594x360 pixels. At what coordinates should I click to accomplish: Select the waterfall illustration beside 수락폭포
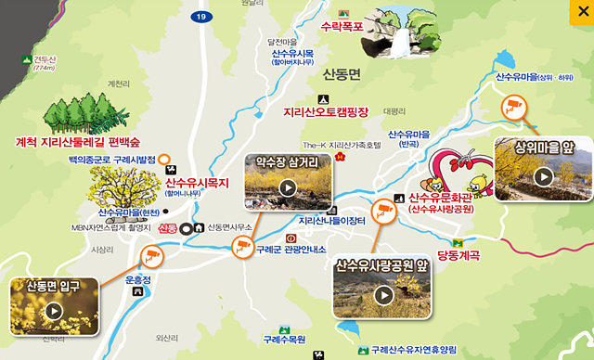tap(395, 33)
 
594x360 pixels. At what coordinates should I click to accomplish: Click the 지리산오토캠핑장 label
tap(326, 112)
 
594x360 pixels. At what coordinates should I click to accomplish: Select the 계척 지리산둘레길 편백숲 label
tap(78, 142)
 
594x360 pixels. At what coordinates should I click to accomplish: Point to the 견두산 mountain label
tap(45, 58)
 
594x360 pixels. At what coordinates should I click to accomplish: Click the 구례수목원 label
tap(284, 340)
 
